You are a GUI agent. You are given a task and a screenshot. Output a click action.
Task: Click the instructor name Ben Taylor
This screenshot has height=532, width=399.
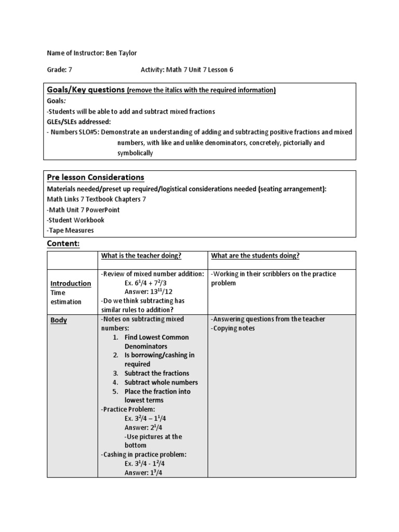(x=123, y=52)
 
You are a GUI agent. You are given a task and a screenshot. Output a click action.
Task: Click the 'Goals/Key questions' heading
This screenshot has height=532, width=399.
(x=86, y=90)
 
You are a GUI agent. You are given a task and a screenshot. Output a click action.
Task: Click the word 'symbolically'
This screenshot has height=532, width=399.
(x=135, y=153)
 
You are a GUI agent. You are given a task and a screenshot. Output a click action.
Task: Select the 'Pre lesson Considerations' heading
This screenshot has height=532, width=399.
(x=96, y=178)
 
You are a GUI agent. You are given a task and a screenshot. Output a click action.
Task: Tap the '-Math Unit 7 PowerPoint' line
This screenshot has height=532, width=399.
(x=83, y=209)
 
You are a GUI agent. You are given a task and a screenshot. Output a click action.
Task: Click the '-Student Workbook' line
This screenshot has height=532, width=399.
(x=75, y=220)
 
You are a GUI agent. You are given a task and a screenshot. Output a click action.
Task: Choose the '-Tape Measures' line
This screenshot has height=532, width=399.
(x=70, y=230)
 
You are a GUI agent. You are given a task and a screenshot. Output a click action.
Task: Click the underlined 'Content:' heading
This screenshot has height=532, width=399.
(x=63, y=244)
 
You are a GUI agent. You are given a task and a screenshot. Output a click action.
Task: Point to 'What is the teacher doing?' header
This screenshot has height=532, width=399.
(x=141, y=256)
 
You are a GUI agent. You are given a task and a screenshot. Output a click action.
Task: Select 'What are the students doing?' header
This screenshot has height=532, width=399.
(x=255, y=256)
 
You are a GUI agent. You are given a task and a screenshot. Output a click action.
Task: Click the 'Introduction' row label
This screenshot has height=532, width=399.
(x=71, y=283)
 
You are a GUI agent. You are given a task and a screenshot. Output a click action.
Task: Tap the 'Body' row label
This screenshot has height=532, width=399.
(x=59, y=321)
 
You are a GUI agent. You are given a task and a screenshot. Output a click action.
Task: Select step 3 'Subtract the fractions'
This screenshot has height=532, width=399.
(x=156, y=373)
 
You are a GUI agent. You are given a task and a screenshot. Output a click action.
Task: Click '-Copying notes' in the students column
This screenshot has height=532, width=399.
(x=233, y=328)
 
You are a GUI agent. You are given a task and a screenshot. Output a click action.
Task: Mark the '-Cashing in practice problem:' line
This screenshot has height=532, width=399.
(x=143, y=454)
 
